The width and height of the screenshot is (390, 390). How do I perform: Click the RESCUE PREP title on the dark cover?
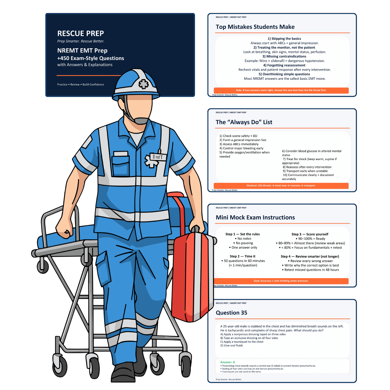pyautogui.click(x=81, y=34)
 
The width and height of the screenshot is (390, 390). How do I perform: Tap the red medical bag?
pyautogui.click(x=193, y=275)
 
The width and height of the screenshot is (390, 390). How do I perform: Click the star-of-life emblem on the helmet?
pyautogui.click(x=144, y=84)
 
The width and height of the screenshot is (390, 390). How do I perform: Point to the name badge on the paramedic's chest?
pyautogui.click(x=158, y=157)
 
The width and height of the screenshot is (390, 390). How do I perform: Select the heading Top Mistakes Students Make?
pyautogui.click(x=255, y=27)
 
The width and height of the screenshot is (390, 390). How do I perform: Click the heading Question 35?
pyautogui.click(x=231, y=313)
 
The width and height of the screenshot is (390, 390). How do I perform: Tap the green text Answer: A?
pyautogui.click(x=227, y=362)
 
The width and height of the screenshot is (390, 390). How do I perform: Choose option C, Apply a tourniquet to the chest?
pyautogui.click(x=242, y=342)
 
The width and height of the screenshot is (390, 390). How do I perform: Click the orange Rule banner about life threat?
pyautogui.click(x=281, y=90)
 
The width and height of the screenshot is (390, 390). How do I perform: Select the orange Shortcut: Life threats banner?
pyautogui.click(x=281, y=185)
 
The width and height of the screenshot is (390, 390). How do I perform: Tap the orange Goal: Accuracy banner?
pyautogui.click(x=281, y=281)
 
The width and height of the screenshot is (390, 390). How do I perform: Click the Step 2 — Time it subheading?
pyautogui.click(x=242, y=256)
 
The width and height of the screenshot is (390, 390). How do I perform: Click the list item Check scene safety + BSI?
pyautogui.click(x=238, y=136)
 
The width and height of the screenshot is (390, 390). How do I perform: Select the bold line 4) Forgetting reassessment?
pyautogui.click(x=284, y=65)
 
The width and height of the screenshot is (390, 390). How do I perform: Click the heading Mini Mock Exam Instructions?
pyautogui.click(x=255, y=217)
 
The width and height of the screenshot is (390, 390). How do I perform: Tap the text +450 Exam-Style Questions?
pyautogui.click(x=90, y=58)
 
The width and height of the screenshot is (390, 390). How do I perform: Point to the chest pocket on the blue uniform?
pyautogui.click(x=121, y=164)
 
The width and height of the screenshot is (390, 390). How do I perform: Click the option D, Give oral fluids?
pyautogui.click(x=231, y=346)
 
